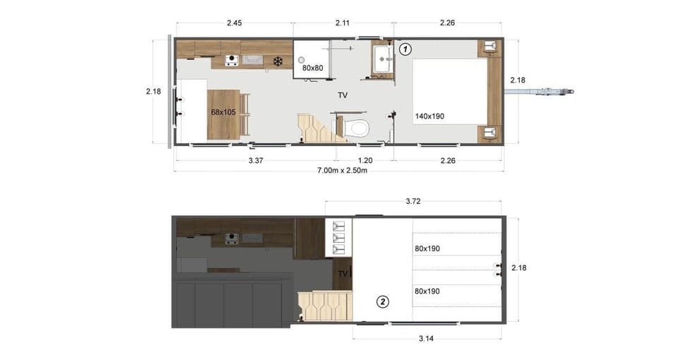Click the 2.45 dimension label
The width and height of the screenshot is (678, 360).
[x=234, y=23]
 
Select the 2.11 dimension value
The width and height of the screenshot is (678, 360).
[x=343, y=23]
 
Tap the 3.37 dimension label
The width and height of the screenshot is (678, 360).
[x=255, y=160]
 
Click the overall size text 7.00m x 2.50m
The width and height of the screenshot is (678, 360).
[x=338, y=171]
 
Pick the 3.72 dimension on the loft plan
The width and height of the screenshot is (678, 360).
[x=415, y=202]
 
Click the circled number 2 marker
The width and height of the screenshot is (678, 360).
[x=383, y=302]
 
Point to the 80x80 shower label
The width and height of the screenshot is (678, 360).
[x=313, y=68]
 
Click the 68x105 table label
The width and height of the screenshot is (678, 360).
[x=222, y=112]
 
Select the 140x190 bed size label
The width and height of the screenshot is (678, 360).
[x=429, y=116]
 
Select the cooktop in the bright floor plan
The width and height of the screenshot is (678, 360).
[x=231, y=61]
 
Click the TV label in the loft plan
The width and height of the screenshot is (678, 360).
[x=343, y=273]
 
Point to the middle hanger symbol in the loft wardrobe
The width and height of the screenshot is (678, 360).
[x=338, y=238]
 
